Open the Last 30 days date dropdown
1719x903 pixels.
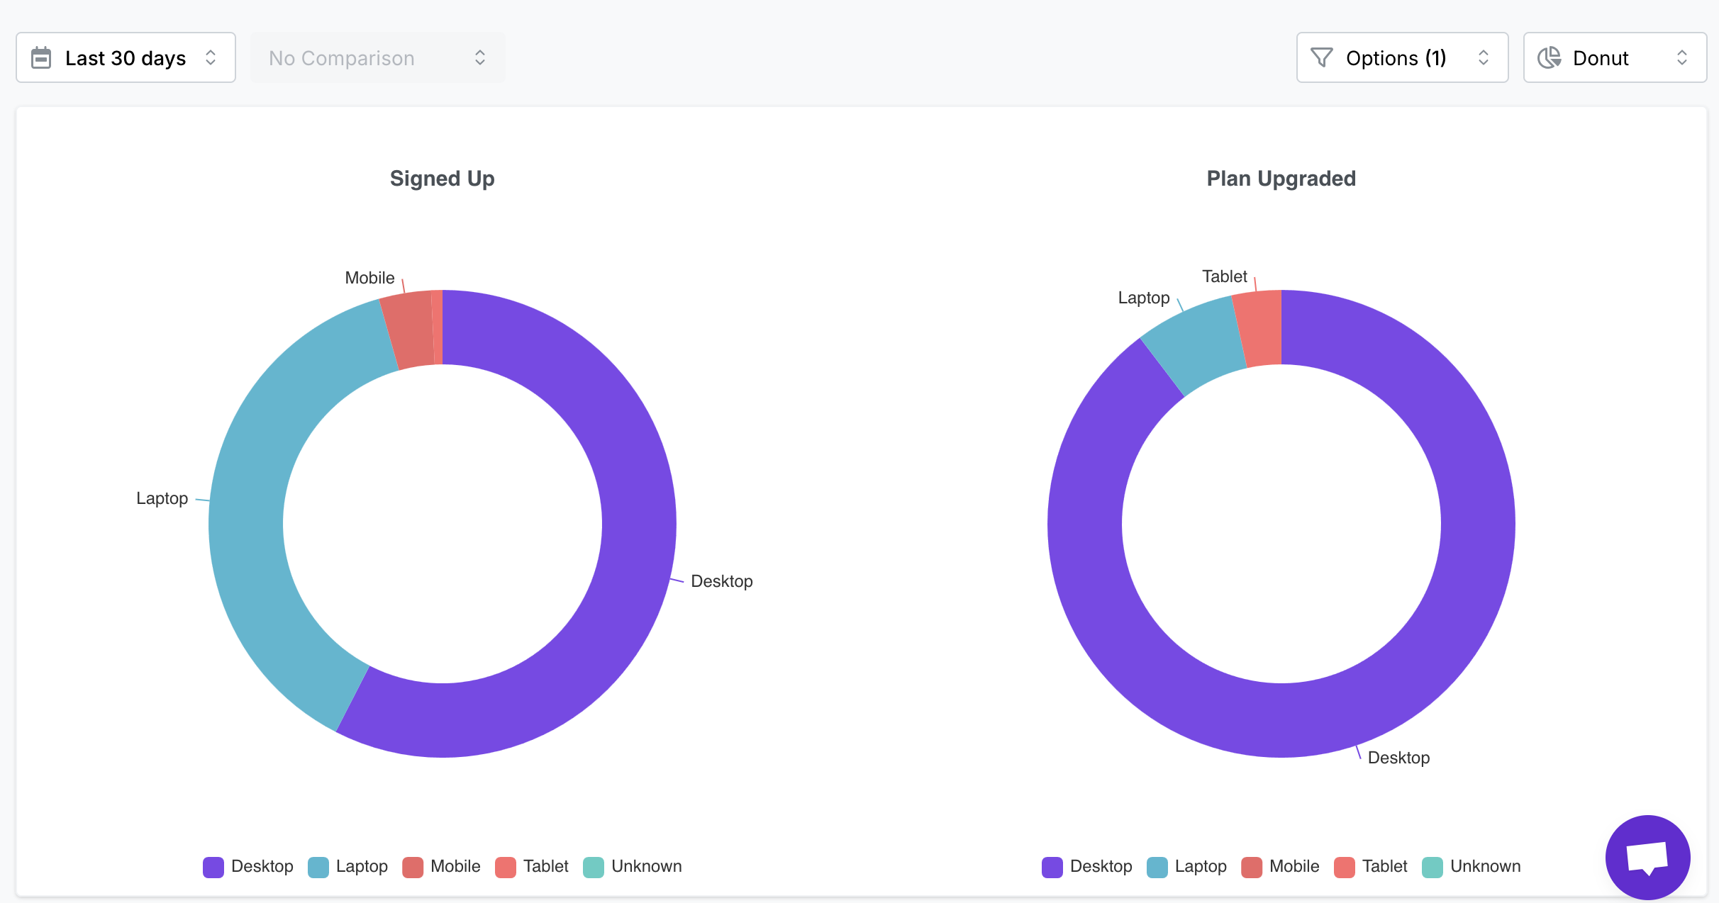(126, 57)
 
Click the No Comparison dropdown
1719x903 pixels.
(377, 57)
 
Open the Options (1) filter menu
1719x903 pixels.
(1401, 57)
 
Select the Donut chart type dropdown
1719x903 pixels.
(1614, 57)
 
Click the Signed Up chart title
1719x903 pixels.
(442, 179)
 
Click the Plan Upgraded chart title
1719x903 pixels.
(1281, 179)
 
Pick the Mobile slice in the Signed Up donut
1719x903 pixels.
(409, 330)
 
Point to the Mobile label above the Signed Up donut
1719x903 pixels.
(369, 278)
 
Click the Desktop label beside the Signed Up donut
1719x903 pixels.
(721, 581)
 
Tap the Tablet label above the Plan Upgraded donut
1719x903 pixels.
(1224, 276)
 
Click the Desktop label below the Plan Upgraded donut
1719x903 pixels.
(1398, 758)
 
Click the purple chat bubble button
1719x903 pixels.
(1647, 857)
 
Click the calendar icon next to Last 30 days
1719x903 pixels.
(41, 57)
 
